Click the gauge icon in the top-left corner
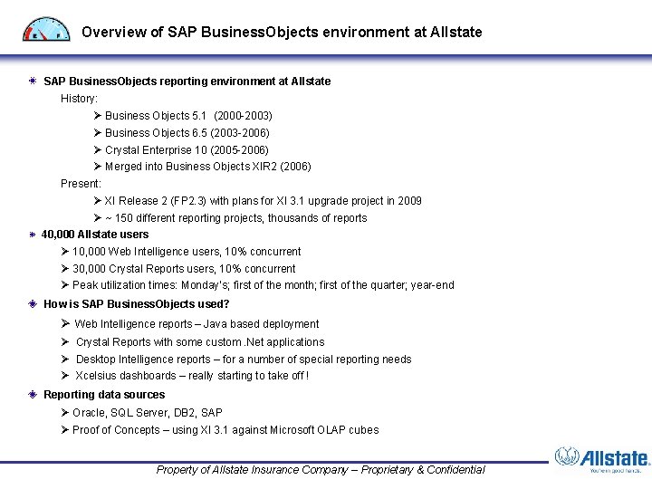(x=45, y=29)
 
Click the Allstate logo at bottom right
(x=601, y=460)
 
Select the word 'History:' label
(x=80, y=98)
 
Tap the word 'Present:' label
(x=81, y=184)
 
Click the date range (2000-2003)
(x=243, y=116)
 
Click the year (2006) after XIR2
(x=295, y=167)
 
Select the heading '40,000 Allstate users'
(x=95, y=235)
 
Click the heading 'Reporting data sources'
(x=104, y=395)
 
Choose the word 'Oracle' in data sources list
(x=89, y=413)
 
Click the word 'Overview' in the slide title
(x=112, y=33)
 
